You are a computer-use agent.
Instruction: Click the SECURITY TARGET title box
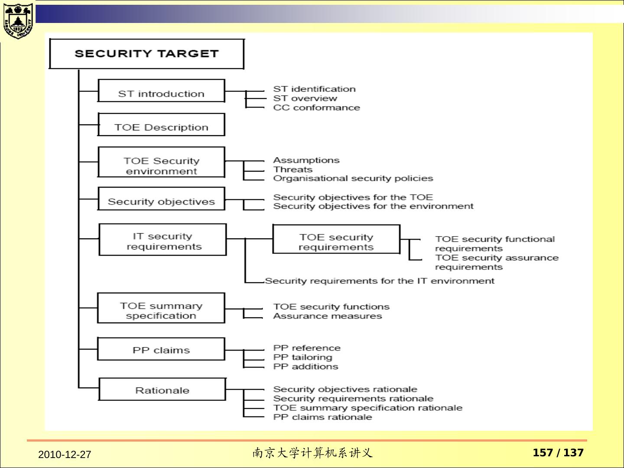click(146, 54)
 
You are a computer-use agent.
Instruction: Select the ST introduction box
click(161, 91)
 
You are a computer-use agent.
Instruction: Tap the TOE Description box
click(161, 125)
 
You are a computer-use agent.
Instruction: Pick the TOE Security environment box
click(161, 162)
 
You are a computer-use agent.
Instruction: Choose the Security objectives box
click(161, 199)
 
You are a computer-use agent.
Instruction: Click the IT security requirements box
click(162, 240)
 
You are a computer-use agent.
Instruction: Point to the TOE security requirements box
click(336, 239)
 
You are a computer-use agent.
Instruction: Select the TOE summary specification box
click(161, 308)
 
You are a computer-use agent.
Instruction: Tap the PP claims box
click(161, 349)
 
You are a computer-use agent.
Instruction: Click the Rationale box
click(162, 389)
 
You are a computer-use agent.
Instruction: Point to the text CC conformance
click(316, 108)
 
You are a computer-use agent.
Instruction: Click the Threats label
click(292, 169)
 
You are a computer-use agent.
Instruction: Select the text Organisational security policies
click(353, 179)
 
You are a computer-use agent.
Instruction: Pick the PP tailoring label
click(302, 357)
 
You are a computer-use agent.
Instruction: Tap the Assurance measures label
click(327, 316)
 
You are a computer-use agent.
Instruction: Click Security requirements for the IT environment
click(379, 281)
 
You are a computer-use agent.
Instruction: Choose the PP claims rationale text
click(322, 417)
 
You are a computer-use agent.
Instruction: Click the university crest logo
click(17, 21)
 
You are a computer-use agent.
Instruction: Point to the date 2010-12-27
click(65, 455)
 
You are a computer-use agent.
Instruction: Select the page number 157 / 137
click(558, 453)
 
